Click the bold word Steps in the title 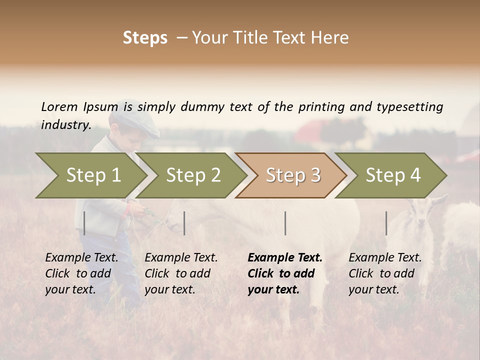point(145,38)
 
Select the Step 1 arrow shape point(90,175)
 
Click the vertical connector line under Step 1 point(84,223)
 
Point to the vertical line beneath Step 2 point(184,223)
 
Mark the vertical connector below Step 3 point(285,223)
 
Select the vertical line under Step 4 point(386,223)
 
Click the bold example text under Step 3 point(285,273)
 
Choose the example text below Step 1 point(81,273)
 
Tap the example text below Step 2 point(181,273)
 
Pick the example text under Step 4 point(385,273)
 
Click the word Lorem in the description point(59,107)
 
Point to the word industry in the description point(65,125)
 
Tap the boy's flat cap point(135,121)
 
